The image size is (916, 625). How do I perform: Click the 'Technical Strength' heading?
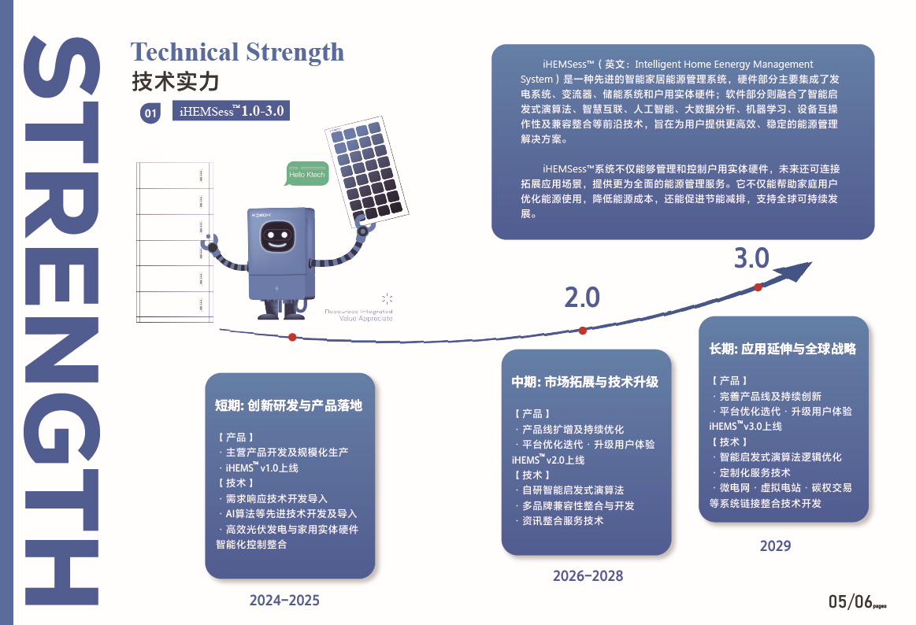click(237, 53)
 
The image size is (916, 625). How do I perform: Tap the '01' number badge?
click(150, 113)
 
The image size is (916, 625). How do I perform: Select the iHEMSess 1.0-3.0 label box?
click(232, 111)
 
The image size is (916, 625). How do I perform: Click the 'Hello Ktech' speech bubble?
click(306, 174)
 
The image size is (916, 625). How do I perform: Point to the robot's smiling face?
click(277, 237)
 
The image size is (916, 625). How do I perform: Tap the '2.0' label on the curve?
click(582, 298)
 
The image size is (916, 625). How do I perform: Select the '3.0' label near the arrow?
click(752, 258)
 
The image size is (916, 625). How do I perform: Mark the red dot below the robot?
click(292, 338)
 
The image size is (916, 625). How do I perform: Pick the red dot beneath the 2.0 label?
click(582, 331)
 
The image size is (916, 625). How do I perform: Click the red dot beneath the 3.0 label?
click(758, 287)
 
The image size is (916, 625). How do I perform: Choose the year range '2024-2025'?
click(284, 601)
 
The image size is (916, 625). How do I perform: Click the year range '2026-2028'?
click(588, 576)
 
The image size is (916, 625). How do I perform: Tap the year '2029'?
click(775, 545)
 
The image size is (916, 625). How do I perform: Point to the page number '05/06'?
click(851, 601)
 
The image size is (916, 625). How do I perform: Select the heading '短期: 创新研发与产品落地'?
click(288, 405)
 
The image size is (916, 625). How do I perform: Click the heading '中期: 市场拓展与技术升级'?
click(584, 383)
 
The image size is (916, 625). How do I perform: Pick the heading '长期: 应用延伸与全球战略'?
click(783, 349)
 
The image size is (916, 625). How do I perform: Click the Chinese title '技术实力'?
click(176, 82)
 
